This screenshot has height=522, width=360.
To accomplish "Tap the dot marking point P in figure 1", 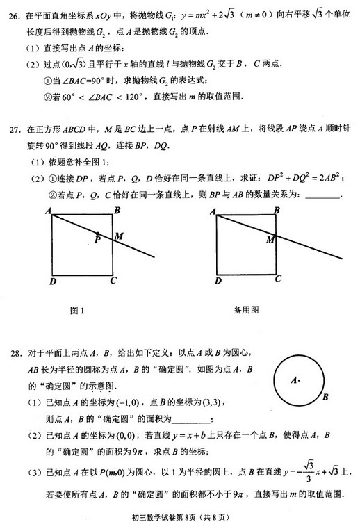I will (x=98, y=234).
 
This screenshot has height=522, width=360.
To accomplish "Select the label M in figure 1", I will (x=120, y=236).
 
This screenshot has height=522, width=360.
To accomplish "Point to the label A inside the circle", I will (x=294, y=380).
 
